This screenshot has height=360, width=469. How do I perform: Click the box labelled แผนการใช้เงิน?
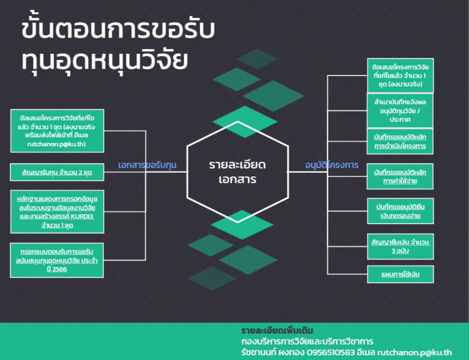[400, 274]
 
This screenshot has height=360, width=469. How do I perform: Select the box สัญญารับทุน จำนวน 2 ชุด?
[57, 172]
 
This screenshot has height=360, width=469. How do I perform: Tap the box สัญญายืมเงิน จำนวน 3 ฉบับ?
[400, 247]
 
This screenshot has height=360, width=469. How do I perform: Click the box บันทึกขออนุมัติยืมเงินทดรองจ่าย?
[400, 211]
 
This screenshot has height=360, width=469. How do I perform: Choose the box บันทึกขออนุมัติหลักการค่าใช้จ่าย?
[400, 177]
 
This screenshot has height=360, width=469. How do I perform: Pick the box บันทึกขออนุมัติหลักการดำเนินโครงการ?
[400, 142]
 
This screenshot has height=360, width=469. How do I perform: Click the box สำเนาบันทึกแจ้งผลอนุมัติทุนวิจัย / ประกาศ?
[400, 110]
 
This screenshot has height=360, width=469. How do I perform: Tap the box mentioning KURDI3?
[57, 212]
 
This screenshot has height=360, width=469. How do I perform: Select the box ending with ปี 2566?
[57, 261]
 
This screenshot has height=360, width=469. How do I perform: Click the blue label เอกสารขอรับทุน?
[147, 165]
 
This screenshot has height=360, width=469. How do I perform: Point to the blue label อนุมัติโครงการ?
[332, 165]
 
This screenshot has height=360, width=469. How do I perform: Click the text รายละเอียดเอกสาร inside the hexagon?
[238, 172]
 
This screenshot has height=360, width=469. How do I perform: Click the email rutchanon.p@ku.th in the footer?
[414, 353]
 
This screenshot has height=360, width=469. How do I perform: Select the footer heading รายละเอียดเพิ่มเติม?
[277, 330]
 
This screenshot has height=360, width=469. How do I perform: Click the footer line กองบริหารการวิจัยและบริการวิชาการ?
[307, 341]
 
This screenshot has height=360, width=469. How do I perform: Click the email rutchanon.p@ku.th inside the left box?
[56, 144]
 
